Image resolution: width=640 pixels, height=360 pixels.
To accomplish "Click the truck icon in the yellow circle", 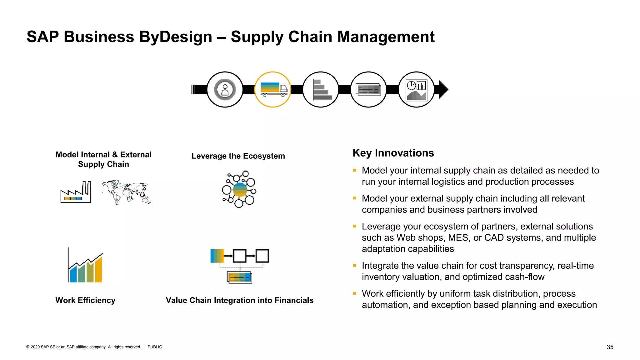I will coord(273,90).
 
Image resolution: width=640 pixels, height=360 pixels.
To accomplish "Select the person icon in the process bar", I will coord(225,90).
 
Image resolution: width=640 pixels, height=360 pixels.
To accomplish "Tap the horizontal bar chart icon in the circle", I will coord(321,90).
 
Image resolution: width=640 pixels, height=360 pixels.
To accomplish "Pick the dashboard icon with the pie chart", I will coord(416,90).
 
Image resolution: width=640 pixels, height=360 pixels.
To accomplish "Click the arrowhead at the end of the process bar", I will coord(443,90).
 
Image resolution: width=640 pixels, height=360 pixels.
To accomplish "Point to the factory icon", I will coord(76,192).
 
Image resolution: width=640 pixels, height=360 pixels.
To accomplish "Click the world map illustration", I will coord(126,192).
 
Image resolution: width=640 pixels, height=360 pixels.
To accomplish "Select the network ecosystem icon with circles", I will coord(239,189).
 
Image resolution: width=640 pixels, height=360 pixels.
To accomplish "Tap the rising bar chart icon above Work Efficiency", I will coord(86,266).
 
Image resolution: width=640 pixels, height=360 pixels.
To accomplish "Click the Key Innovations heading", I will coord(393,153).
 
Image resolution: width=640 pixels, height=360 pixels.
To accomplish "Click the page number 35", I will coord(610,347).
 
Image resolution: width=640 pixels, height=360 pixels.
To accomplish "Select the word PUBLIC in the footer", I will coord(155,347).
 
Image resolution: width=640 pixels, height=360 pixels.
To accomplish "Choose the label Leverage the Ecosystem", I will coord(238,156).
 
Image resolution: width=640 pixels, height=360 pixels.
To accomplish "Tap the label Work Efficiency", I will coord(85,300).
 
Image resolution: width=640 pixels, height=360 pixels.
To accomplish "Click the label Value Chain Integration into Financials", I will coord(239,300).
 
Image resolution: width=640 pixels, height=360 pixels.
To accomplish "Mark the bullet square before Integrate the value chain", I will coord(355,265).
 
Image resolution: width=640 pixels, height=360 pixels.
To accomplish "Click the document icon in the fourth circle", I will coord(369,90).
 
